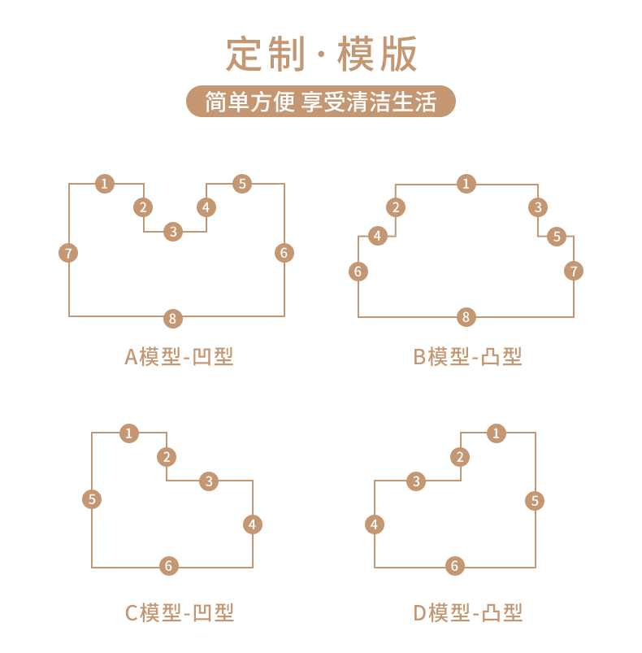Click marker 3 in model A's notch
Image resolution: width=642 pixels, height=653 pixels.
[x=172, y=232]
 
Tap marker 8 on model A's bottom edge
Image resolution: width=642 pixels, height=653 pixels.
[x=172, y=318]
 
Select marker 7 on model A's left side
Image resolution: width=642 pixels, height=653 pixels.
[x=68, y=253]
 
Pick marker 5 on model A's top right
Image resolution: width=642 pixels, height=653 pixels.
[x=242, y=184]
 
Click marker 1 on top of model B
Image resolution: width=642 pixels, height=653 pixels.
[x=466, y=184]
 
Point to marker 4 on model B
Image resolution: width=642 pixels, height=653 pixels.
[x=377, y=237]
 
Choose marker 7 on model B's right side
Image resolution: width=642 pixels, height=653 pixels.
[x=575, y=271]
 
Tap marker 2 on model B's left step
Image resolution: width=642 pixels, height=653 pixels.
[x=396, y=207]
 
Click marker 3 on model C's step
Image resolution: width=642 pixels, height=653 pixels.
[x=210, y=481]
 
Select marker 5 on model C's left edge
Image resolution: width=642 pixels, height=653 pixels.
[x=92, y=499]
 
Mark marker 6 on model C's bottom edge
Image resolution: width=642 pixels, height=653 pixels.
[x=169, y=566]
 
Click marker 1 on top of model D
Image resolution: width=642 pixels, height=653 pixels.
[x=497, y=433]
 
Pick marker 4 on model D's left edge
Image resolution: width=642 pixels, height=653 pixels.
[x=374, y=525]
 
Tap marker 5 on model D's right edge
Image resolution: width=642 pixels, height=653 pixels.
[x=535, y=500]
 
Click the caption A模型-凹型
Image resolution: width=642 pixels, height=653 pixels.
[x=179, y=356]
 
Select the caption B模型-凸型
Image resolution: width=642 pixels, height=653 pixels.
[x=467, y=356]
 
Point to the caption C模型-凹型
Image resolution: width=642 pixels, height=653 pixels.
[x=179, y=612]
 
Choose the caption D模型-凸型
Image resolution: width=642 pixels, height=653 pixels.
[x=467, y=612]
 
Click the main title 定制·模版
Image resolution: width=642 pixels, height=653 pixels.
[x=321, y=54]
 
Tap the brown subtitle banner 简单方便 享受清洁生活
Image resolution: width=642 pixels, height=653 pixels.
[x=321, y=102]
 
